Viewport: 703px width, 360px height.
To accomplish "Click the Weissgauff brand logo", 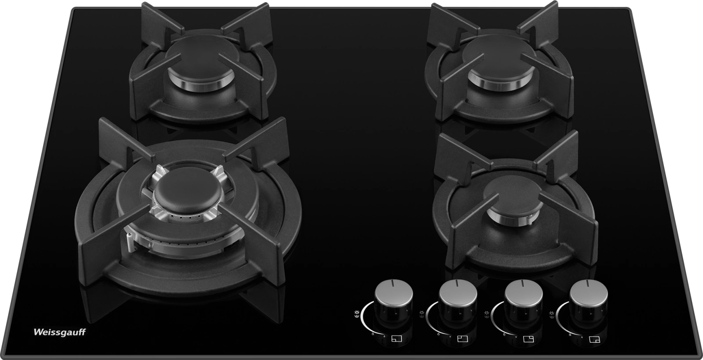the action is coord(60,332).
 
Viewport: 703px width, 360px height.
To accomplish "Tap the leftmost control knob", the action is coord(394,297).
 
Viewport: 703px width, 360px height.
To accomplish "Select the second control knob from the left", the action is coord(458,297).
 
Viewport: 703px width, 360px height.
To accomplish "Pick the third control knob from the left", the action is coord(523,297).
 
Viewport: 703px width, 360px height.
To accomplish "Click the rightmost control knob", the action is coord(589,297).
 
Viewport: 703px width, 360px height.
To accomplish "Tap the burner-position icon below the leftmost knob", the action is coord(397,338).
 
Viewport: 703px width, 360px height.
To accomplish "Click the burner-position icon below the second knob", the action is coord(463,338).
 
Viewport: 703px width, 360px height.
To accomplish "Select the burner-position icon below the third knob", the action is coord(529,338).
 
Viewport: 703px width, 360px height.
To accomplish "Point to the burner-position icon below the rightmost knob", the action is coord(594,339).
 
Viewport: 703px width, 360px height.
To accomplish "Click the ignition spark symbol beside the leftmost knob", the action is coord(356,313).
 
